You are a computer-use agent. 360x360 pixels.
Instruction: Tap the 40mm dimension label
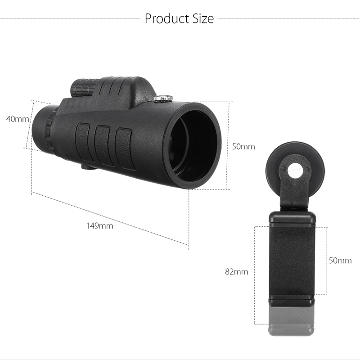pyautogui.click(x=18, y=119)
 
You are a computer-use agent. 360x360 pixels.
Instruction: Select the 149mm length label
pyautogui.click(x=99, y=226)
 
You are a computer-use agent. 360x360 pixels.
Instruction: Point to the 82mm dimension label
pyautogui.click(x=237, y=272)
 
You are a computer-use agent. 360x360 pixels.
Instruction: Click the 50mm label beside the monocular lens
pyautogui.click(x=243, y=147)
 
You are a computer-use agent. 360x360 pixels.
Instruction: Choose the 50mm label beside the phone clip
pyautogui.click(x=340, y=261)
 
